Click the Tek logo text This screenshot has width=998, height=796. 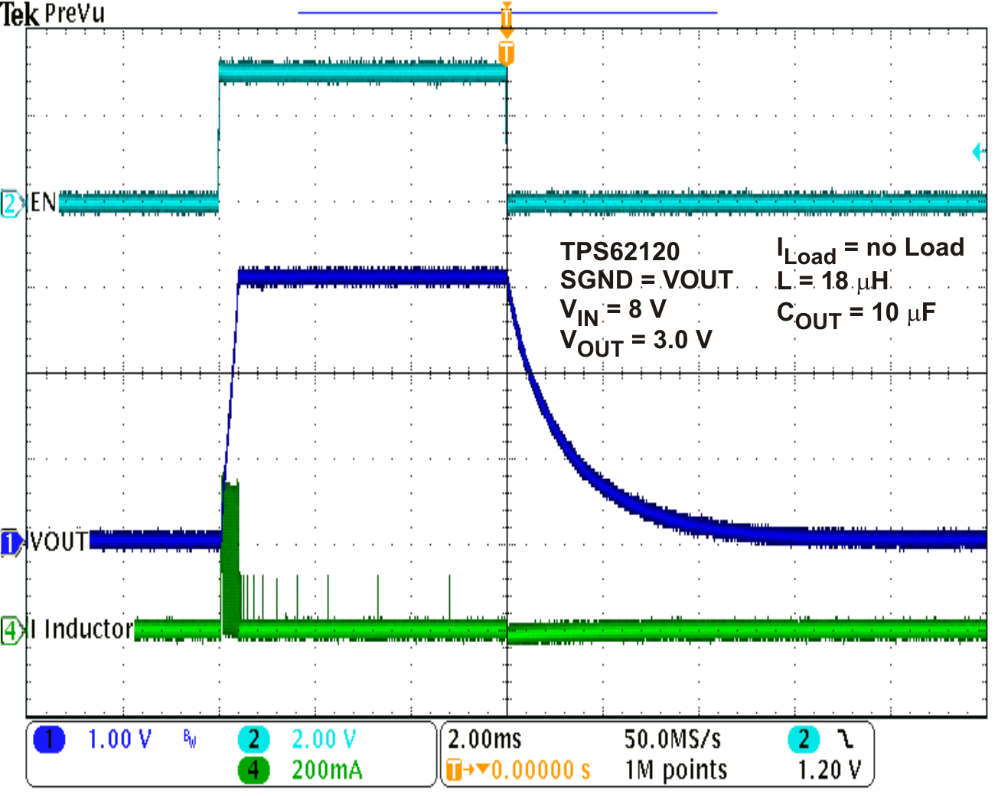[20, 14]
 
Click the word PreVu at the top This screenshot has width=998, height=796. [75, 13]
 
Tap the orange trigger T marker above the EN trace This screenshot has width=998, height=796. [506, 53]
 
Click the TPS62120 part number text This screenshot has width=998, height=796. [620, 251]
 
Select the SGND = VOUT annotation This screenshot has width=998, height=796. [646, 280]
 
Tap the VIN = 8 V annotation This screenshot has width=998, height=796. [613, 310]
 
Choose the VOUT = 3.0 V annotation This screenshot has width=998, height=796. [636, 341]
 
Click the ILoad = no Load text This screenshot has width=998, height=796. [870, 249]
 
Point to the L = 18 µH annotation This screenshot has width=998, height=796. [833, 281]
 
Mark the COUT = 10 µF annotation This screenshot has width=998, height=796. [856, 314]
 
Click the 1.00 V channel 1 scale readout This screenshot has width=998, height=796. [119, 739]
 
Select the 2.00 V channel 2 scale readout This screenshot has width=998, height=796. [324, 739]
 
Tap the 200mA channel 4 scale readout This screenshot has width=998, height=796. [327, 770]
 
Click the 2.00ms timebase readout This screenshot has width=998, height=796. [484, 739]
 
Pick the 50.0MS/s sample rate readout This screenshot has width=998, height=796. [672, 739]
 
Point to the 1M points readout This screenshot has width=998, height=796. [676, 770]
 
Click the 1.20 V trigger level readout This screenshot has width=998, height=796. [830, 770]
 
